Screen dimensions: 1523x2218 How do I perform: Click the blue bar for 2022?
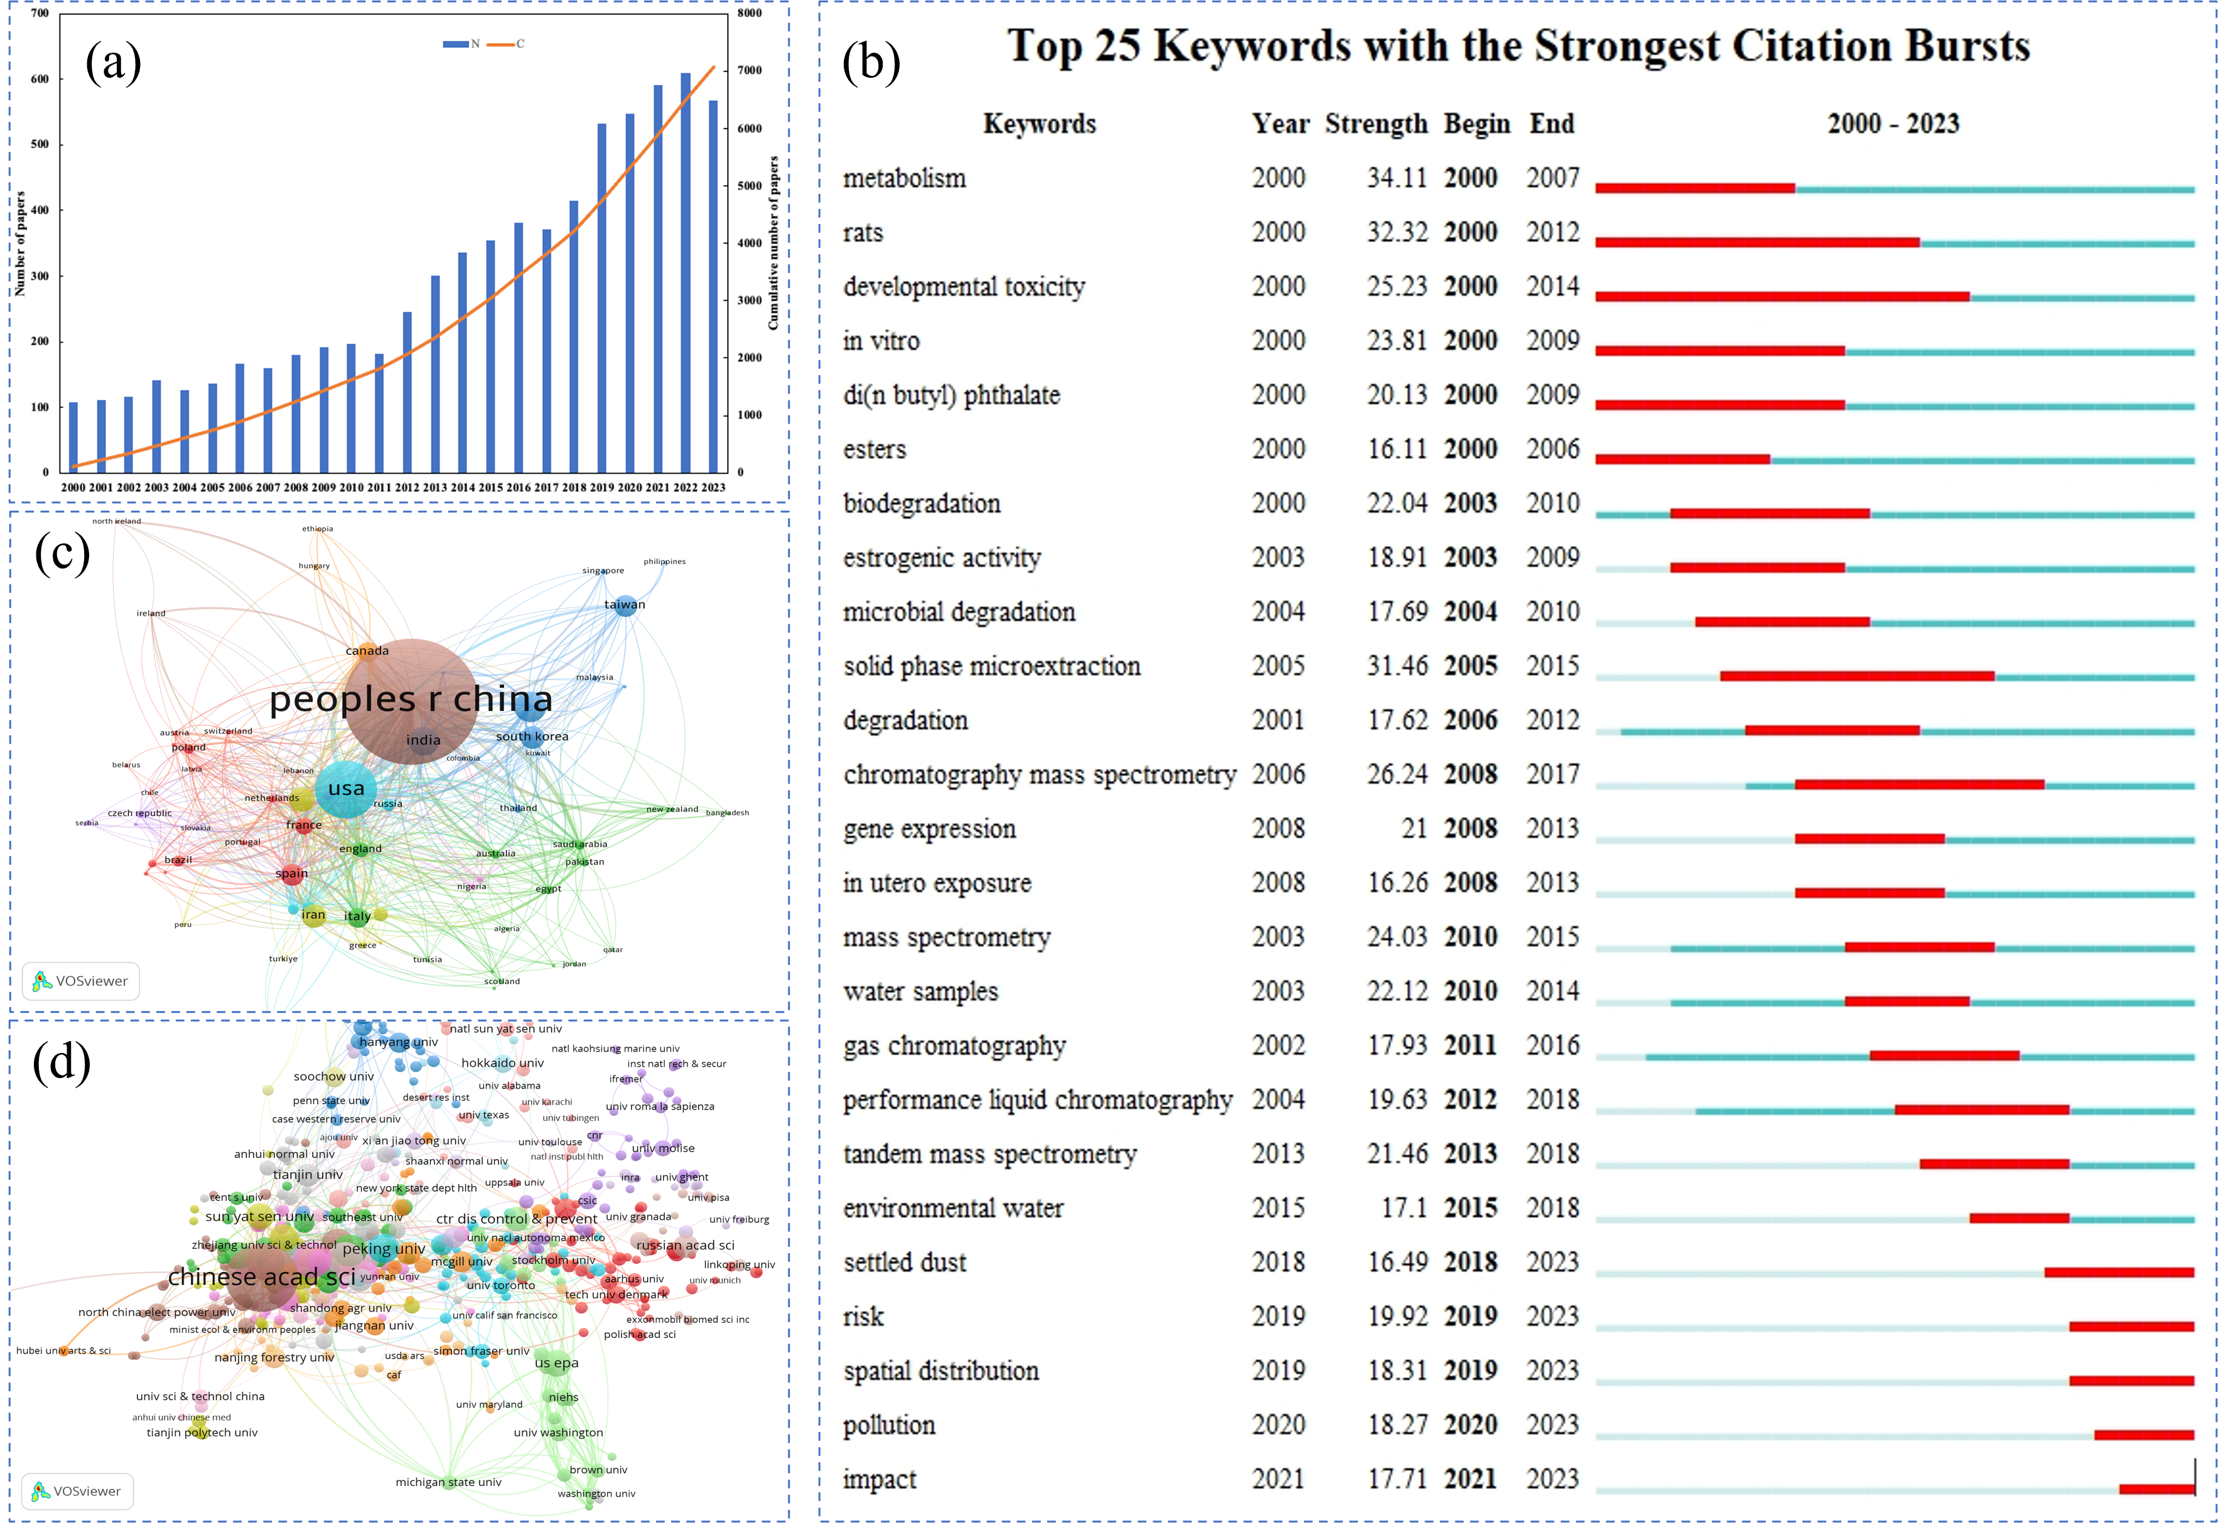tap(686, 272)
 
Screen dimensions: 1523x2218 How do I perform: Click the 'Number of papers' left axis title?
tap(20, 243)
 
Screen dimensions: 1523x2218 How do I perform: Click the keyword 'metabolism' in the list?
tap(904, 178)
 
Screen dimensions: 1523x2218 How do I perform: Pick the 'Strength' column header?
tap(1375, 124)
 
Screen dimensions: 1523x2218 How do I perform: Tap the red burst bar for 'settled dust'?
tap(2119, 1272)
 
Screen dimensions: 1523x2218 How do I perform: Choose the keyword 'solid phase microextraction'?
tap(992, 666)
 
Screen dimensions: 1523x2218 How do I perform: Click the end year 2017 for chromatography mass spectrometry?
tap(1553, 774)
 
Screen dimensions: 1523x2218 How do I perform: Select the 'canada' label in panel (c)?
tap(367, 651)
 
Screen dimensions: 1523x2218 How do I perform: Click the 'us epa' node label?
tap(556, 1363)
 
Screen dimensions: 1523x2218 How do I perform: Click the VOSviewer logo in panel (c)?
tap(81, 981)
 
